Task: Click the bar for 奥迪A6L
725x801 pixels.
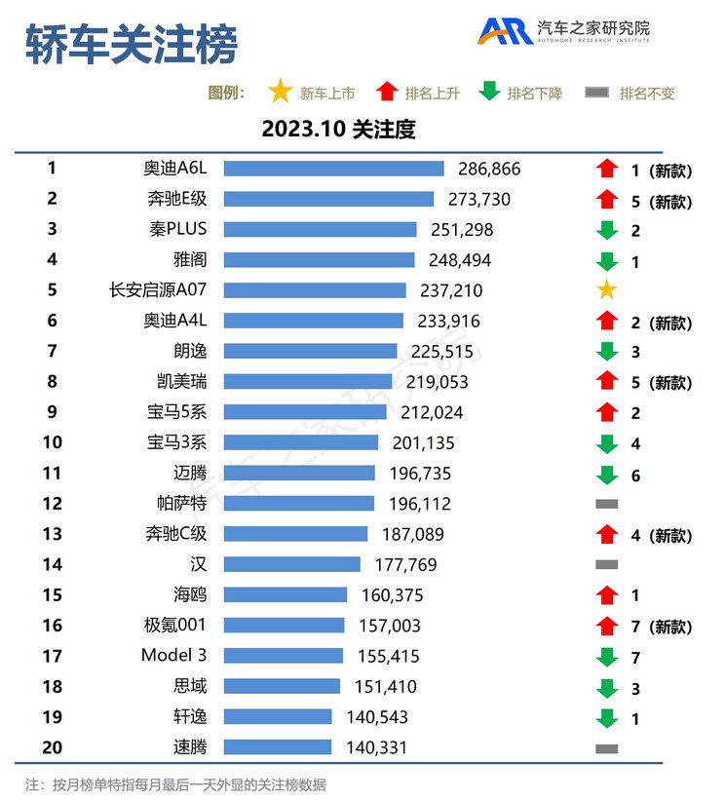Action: click(x=333, y=169)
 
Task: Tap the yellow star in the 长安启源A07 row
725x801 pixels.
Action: click(x=606, y=290)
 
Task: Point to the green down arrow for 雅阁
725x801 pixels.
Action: click(x=606, y=261)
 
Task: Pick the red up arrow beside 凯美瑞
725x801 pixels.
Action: click(x=606, y=382)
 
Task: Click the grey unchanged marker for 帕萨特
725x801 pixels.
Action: click(x=606, y=504)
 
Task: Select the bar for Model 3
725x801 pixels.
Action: click(x=284, y=656)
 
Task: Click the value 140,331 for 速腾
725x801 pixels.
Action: click(x=376, y=747)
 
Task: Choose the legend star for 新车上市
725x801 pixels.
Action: click(x=280, y=93)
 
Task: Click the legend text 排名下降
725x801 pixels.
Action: click(x=535, y=94)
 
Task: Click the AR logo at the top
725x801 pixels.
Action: click(x=505, y=31)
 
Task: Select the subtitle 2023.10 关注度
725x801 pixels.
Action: click(x=339, y=130)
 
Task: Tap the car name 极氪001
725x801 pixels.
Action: click(x=174, y=626)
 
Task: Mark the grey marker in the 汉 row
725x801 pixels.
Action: click(x=606, y=564)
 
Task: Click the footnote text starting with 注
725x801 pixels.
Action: click(x=175, y=784)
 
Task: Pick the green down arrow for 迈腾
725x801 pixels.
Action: click(x=606, y=475)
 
